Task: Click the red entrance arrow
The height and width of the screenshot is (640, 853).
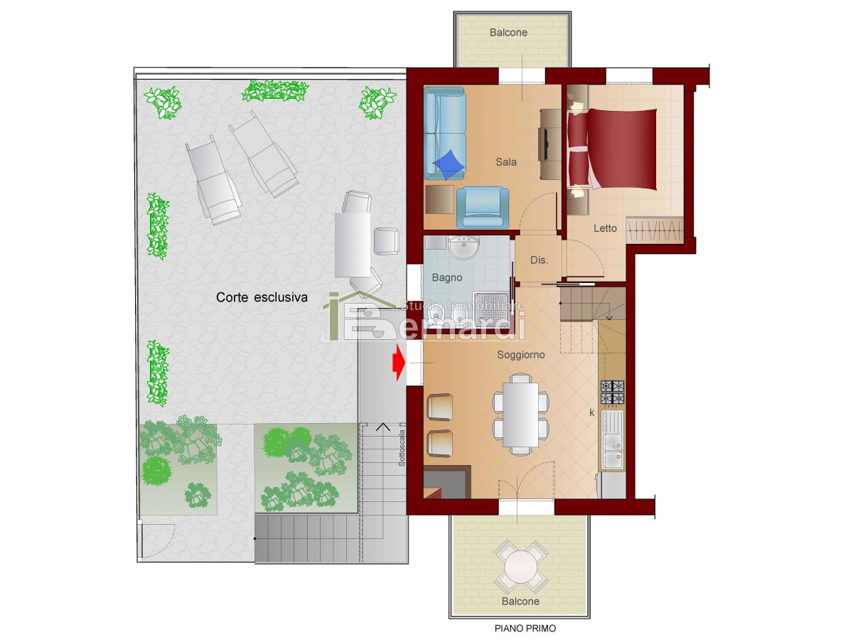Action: [x=399, y=363]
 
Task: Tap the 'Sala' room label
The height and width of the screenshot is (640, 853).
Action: [x=506, y=161]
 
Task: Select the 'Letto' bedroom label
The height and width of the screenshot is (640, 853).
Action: [x=605, y=228]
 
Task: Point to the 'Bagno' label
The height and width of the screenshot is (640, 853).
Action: [x=447, y=277]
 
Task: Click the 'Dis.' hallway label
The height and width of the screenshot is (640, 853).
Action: [x=539, y=260]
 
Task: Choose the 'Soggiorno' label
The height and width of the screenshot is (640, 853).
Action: [x=521, y=354]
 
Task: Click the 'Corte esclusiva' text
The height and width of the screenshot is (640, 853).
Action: [x=262, y=297]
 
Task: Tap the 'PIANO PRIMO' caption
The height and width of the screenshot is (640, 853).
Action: [x=525, y=628]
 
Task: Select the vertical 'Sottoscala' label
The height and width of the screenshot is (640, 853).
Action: [x=402, y=448]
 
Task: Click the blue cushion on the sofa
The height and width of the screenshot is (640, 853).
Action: [x=448, y=164]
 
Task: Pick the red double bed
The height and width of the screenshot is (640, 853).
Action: [x=612, y=149]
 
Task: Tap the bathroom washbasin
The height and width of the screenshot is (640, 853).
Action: [x=464, y=247]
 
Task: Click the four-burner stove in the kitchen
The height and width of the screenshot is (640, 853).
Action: [x=613, y=392]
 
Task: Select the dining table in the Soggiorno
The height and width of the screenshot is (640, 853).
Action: [x=520, y=415]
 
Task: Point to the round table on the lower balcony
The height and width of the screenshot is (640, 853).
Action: [x=521, y=567]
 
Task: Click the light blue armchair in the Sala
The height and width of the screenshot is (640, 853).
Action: [x=483, y=207]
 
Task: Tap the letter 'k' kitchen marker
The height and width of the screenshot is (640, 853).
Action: [x=592, y=412]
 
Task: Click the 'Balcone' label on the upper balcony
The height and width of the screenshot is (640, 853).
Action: [x=508, y=32]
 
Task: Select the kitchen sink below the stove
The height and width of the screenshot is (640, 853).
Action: [x=613, y=440]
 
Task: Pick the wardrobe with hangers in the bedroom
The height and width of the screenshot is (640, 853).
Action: [x=655, y=230]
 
